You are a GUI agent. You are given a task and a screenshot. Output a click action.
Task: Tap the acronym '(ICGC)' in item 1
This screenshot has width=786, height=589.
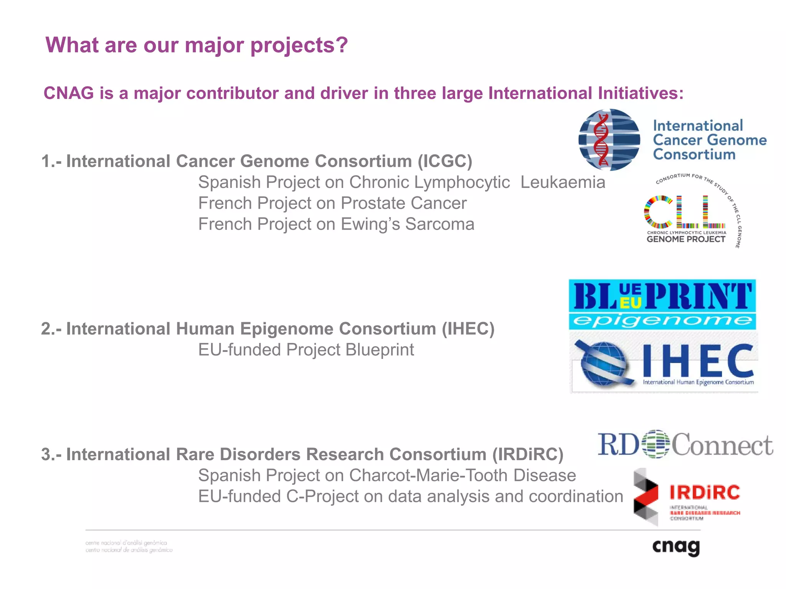(x=445, y=161)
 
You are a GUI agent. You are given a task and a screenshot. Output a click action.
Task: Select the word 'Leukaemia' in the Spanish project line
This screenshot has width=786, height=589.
(x=563, y=183)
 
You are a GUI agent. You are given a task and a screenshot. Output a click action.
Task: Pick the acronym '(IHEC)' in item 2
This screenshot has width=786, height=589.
(x=468, y=329)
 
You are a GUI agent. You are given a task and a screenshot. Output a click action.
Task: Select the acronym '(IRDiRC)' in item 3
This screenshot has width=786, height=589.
(x=528, y=454)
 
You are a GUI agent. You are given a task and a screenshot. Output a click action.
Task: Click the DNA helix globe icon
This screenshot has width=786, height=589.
(x=609, y=140)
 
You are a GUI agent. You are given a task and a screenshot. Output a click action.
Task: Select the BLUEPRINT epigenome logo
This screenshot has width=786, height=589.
(x=662, y=304)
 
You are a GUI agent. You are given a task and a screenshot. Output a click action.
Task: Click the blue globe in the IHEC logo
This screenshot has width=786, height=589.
(x=604, y=364)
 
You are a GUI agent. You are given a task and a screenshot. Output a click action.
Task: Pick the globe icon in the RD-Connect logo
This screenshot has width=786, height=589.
(x=656, y=444)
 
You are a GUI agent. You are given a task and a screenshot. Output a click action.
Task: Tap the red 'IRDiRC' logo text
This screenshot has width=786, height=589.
(x=705, y=492)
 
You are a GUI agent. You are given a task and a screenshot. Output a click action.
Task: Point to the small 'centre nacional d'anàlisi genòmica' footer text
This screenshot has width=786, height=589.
(x=126, y=543)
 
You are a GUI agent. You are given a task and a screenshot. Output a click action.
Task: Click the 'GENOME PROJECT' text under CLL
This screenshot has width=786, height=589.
(x=686, y=239)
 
